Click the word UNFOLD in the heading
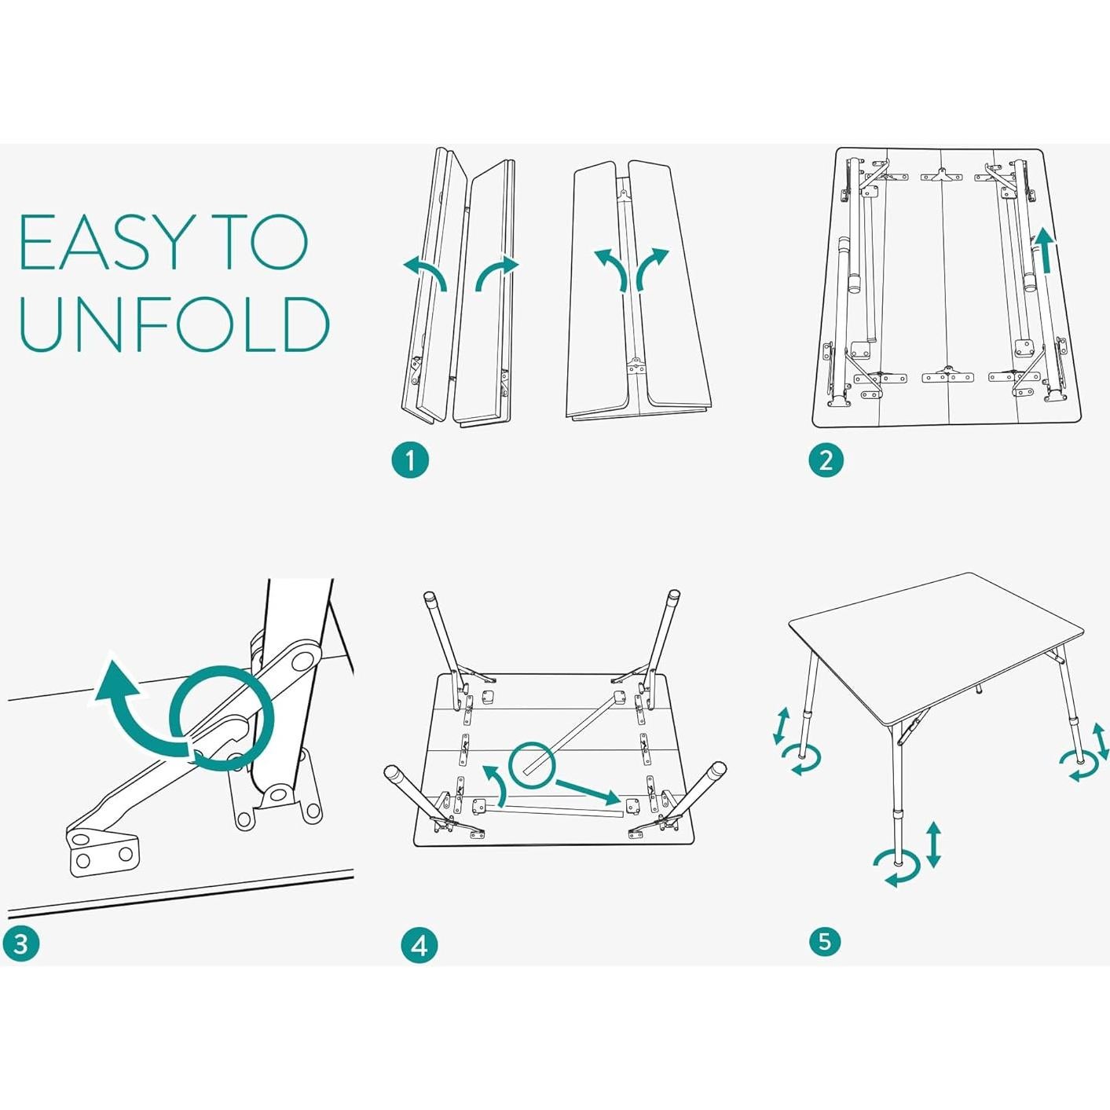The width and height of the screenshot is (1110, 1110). tap(174, 324)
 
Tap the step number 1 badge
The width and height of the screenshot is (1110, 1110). tap(410, 460)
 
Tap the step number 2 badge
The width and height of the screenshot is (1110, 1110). tap(826, 460)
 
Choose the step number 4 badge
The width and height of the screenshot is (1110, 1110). tap(419, 945)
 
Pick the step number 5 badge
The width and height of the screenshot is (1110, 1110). tap(824, 941)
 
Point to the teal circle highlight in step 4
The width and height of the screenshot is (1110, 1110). tap(532, 765)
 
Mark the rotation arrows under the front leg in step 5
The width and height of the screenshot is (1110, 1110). tap(897, 868)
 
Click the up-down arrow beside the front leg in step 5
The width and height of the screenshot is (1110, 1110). tap(933, 844)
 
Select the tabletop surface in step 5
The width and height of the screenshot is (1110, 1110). tap(935, 636)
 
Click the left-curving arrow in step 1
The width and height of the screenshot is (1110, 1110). tap(425, 271)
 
